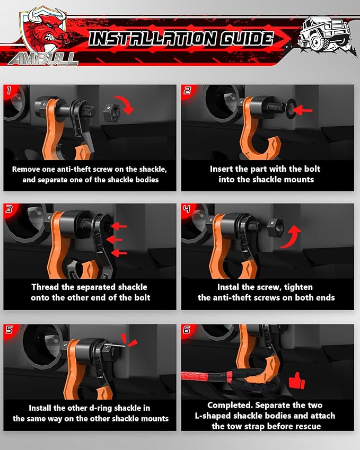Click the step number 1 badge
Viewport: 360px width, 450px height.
click(9, 91)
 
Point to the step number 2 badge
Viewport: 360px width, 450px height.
click(187, 91)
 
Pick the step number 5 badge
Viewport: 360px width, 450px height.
click(9, 330)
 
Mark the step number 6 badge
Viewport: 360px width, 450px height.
click(187, 330)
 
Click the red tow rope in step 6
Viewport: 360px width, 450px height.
click(204, 377)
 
